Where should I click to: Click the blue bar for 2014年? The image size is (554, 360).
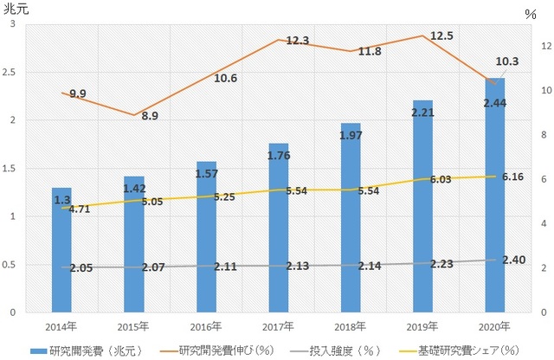tap(61, 251)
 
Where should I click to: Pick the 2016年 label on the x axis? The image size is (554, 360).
tap(206, 326)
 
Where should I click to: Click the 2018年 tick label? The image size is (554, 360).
tap(350, 326)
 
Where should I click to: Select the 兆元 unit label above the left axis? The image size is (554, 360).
tap(16, 10)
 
